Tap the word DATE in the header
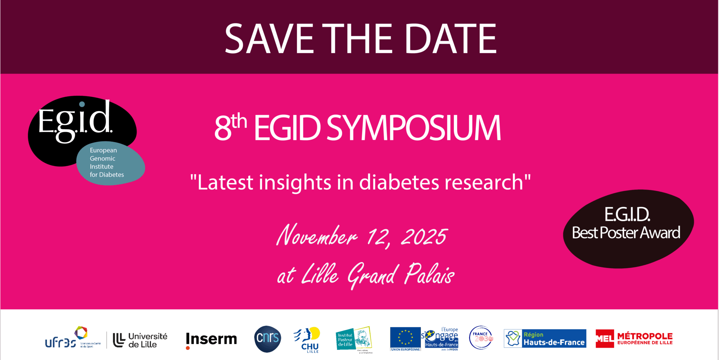click(451, 39)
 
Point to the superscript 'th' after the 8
click(239, 121)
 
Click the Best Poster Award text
click(626, 233)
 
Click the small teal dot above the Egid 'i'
click(82, 104)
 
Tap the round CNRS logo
click(268, 339)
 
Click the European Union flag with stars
click(405, 338)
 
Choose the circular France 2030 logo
click(481, 338)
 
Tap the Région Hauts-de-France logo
click(545, 339)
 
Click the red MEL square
click(605, 339)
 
